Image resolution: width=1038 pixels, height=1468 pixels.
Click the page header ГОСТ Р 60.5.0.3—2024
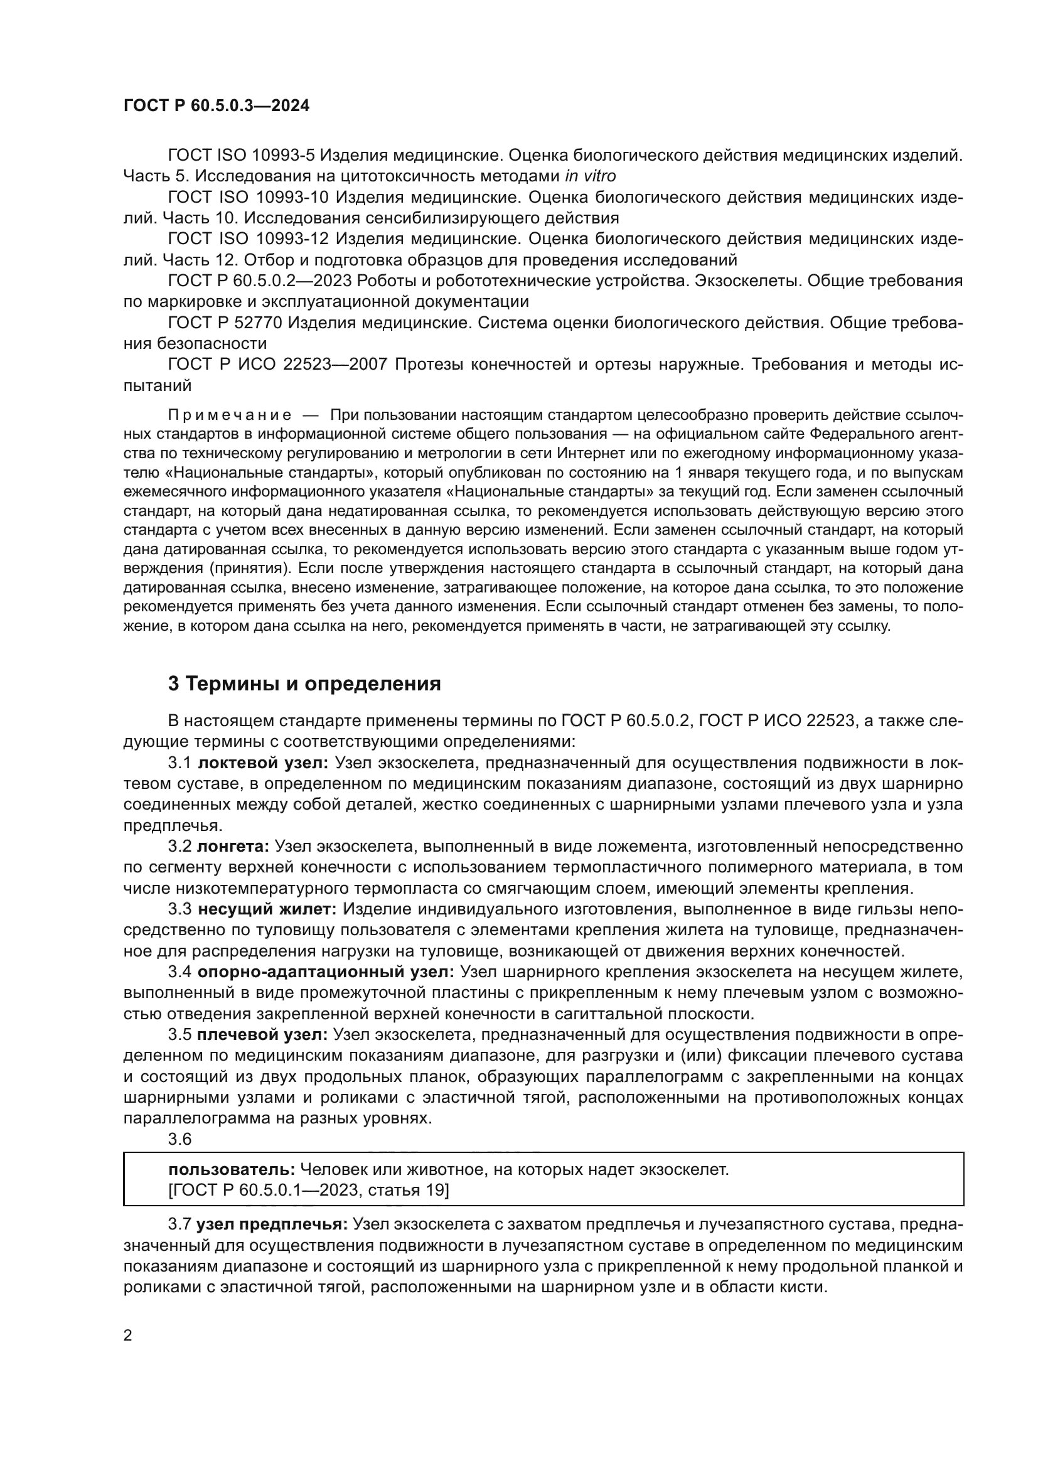point(216,106)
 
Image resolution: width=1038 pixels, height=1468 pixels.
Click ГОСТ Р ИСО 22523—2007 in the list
point(277,365)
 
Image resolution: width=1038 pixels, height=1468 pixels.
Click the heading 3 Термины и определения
point(304,684)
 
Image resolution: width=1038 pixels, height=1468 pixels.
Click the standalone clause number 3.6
point(179,1139)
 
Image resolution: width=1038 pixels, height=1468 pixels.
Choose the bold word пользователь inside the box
point(232,1170)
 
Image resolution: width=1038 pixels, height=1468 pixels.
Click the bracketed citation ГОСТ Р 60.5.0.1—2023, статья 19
point(308,1191)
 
